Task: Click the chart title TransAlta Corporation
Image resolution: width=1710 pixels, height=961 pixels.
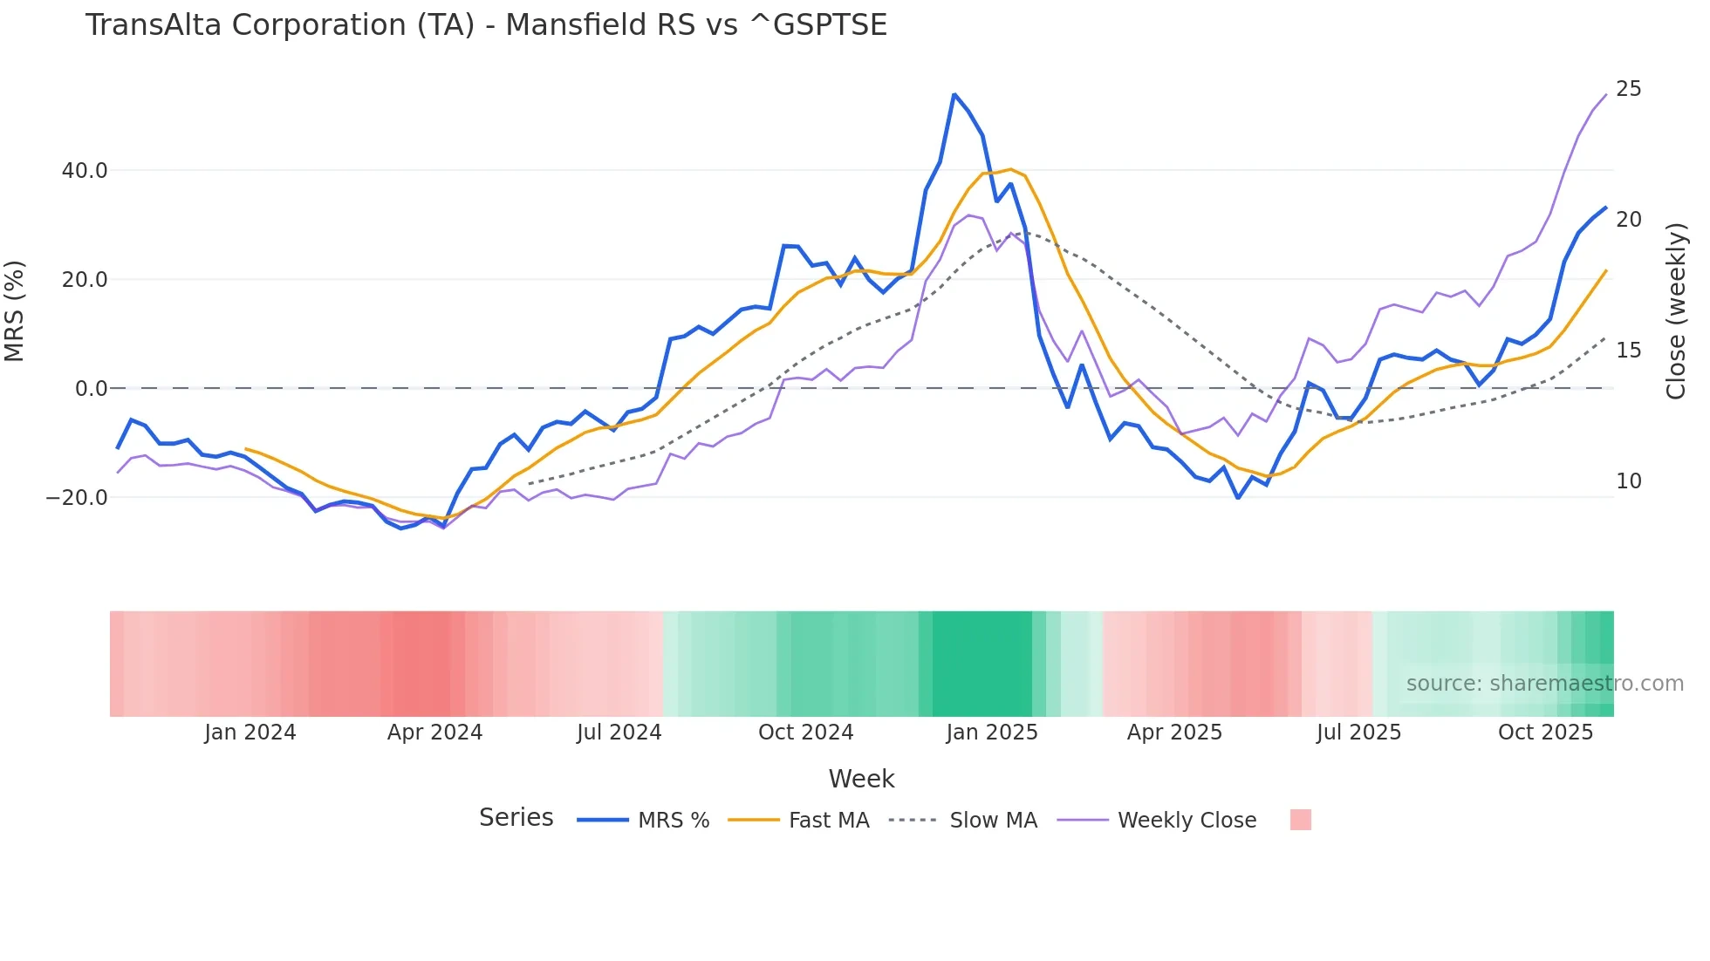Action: coord(485,25)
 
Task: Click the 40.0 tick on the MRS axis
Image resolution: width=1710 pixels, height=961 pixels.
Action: coord(85,171)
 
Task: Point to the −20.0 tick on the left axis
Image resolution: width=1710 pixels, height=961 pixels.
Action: coord(77,498)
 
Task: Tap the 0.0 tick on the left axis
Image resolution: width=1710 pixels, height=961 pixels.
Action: coord(92,389)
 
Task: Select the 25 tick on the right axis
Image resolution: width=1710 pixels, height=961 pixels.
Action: coord(1628,89)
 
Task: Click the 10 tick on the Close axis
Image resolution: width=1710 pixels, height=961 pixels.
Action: coord(1628,481)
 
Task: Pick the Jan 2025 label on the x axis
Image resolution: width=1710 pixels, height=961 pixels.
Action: coord(992,733)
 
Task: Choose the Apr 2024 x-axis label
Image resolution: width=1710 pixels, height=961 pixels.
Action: coord(434,733)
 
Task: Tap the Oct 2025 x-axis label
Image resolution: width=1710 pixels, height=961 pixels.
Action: coord(1545,733)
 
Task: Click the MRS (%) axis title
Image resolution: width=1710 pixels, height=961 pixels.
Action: coord(15,311)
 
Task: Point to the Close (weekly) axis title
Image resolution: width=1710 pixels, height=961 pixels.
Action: coord(1676,311)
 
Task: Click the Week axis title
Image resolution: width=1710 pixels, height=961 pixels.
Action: coord(861,779)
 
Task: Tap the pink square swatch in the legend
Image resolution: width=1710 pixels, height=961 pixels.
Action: coord(1300,820)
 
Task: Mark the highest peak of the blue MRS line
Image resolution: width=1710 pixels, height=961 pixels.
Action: coord(954,94)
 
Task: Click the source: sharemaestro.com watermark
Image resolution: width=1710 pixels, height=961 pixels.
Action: coord(1544,684)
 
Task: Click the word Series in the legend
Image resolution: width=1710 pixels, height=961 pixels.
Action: coord(516,818)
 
